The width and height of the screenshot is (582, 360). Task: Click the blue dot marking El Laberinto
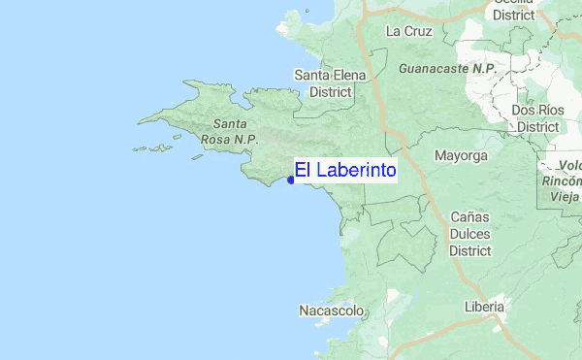(x=291, y=180)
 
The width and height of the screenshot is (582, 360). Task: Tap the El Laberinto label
(x=345, y=171)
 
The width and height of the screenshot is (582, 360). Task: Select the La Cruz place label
(x=408, y=31)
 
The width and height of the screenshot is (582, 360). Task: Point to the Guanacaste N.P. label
(x=446, y=69)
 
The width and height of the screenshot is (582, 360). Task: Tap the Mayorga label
(x=461, y=155)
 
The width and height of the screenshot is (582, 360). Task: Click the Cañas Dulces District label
(x=470, y=233)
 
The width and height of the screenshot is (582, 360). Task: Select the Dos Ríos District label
(x=536, y=118)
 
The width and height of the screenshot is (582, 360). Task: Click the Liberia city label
(x=484, y=307)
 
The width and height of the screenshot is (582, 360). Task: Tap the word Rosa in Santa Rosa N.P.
(x=215, y=140)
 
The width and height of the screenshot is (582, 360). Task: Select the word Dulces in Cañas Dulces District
(x=470, y=233)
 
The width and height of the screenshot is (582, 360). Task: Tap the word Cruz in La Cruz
(x=417, y=31)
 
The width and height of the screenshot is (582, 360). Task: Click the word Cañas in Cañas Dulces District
(x=470, y=216)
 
